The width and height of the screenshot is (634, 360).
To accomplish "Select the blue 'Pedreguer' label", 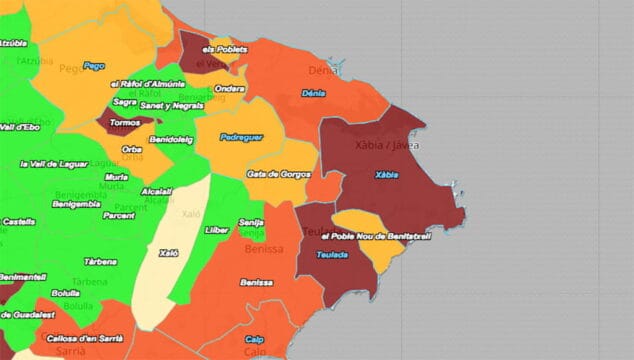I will pos(241,136).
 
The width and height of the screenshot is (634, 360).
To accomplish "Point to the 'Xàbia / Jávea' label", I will pos(387,145).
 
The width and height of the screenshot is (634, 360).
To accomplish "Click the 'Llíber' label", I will pos(217,230).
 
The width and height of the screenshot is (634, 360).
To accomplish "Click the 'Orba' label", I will pos(132,149).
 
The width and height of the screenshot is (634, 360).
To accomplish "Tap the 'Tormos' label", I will pos(124,123).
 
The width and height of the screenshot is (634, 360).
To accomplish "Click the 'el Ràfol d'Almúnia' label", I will pos(147,83).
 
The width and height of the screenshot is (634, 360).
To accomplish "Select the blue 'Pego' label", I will pos(94,66).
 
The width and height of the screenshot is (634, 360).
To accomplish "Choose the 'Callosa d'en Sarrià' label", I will pos(84,339).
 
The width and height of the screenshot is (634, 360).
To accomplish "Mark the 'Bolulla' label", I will pos(65,293).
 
